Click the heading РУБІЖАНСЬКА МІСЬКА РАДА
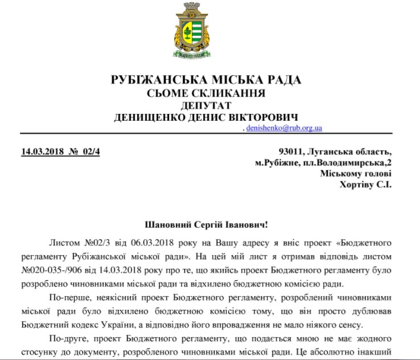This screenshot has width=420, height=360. (206, 80)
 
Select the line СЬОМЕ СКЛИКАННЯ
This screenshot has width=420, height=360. (206, 93)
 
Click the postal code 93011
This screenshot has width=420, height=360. (291, 152)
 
